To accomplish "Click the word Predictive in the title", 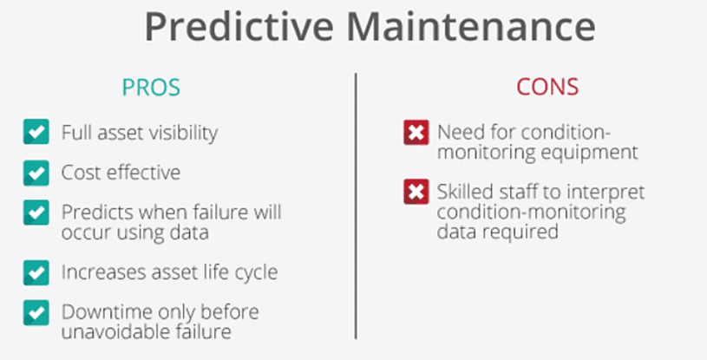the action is (239, 27).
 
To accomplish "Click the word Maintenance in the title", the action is (471, 27).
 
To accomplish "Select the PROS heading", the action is (151, 88).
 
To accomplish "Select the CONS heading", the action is (547, 87).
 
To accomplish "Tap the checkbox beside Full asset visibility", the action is (36, 132).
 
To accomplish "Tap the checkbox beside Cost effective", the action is (36, 173).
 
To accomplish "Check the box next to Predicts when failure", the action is (36, 213).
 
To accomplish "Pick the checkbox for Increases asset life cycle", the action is (36, 272).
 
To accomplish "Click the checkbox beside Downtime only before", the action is (36, 312).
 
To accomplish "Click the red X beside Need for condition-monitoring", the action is (416, 133).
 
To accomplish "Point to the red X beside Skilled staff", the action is (416, 193).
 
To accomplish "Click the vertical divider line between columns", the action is (356, 206).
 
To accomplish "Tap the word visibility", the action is (184, 133).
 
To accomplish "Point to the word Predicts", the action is (97, 212).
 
